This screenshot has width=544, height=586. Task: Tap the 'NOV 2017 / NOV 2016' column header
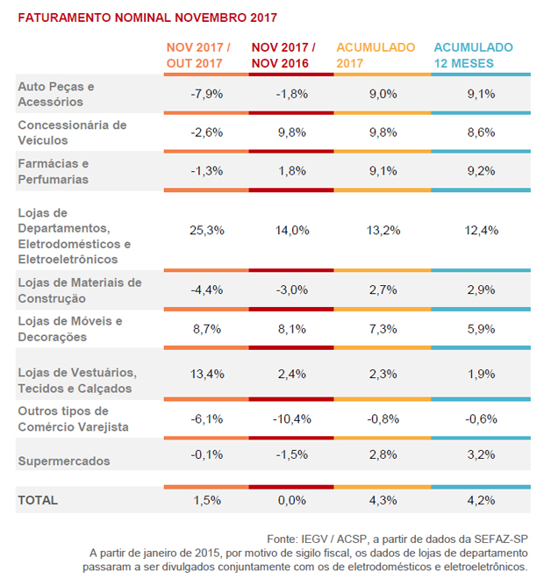283,55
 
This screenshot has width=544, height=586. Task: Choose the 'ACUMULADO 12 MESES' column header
474,55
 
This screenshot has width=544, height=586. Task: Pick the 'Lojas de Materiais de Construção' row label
79,289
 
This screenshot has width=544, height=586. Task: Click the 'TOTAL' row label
38,500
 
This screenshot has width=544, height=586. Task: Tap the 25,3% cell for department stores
206,231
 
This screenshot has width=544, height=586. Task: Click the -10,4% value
291,419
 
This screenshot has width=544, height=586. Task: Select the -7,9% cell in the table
206,94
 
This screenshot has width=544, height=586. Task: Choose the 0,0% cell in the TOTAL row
291,500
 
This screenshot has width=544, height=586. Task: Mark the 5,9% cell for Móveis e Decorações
482,328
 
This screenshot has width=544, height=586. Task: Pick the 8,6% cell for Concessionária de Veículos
482,132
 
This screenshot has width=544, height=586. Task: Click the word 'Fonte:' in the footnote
285,538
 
